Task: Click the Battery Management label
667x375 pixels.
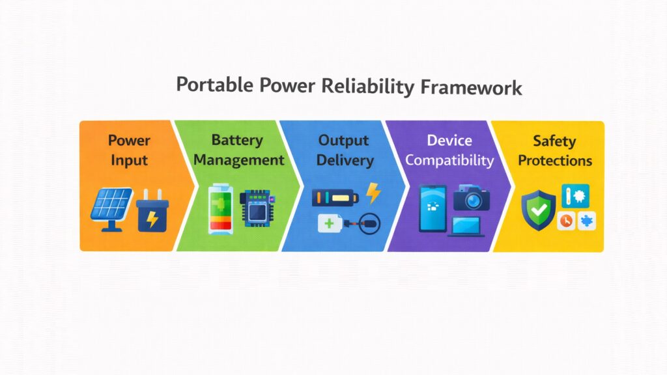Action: [x=238, y=150]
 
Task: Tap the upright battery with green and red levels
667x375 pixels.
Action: [x=219, y=209]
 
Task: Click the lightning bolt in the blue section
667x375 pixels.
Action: [x=373, y=193]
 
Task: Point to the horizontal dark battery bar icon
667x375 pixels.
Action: [x=333, y=196]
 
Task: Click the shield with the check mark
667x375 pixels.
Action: [x=539, y=210]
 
